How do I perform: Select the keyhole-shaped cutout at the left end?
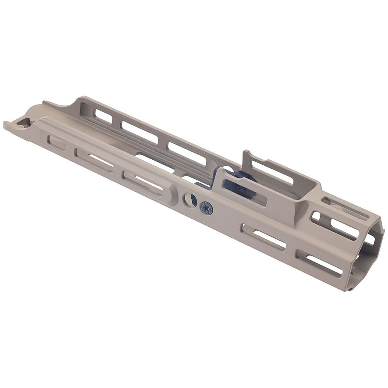click(x=24, y=123)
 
